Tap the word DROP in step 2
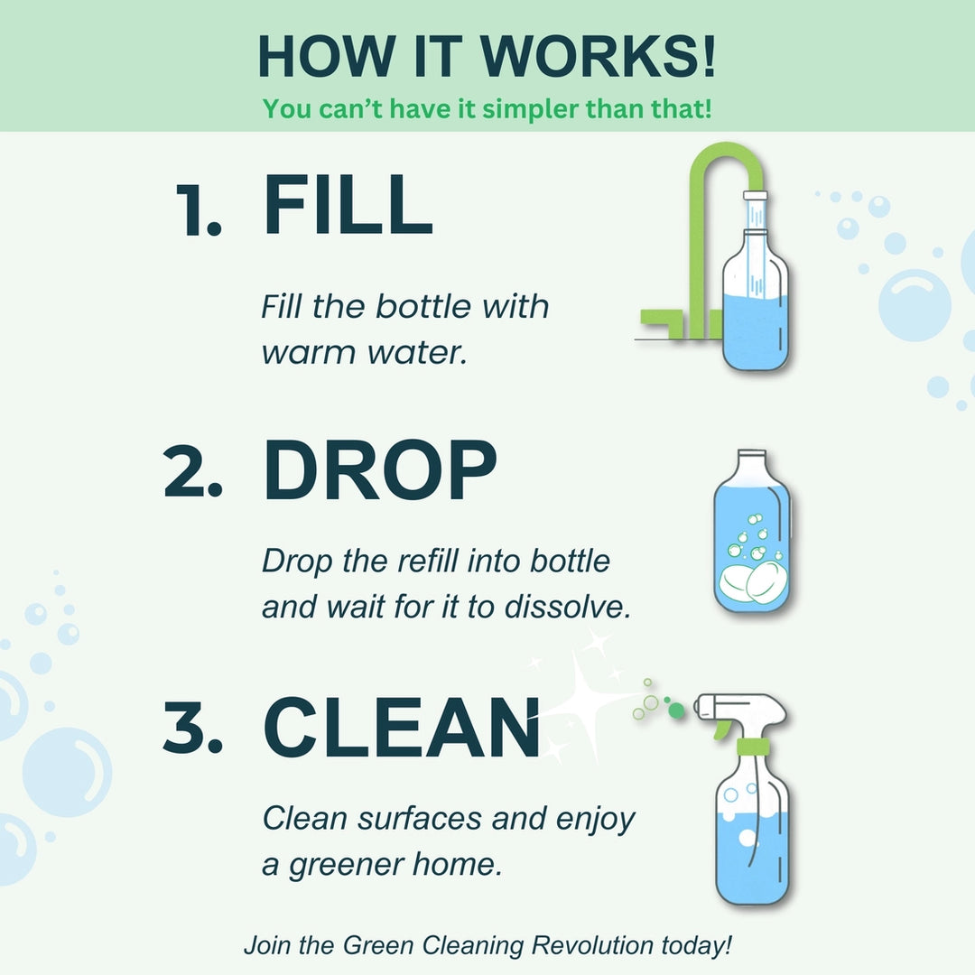click(379, 472)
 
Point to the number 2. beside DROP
click(193, 477)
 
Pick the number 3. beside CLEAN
click(192, 731)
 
